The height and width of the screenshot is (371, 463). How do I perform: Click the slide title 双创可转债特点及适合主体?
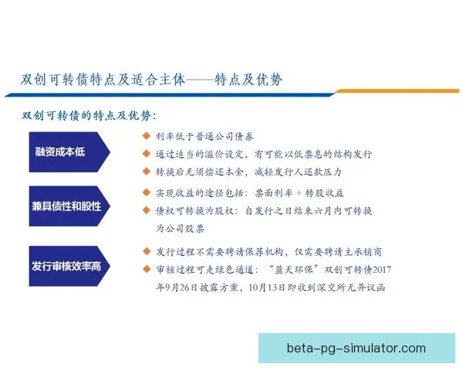(103, 80)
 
